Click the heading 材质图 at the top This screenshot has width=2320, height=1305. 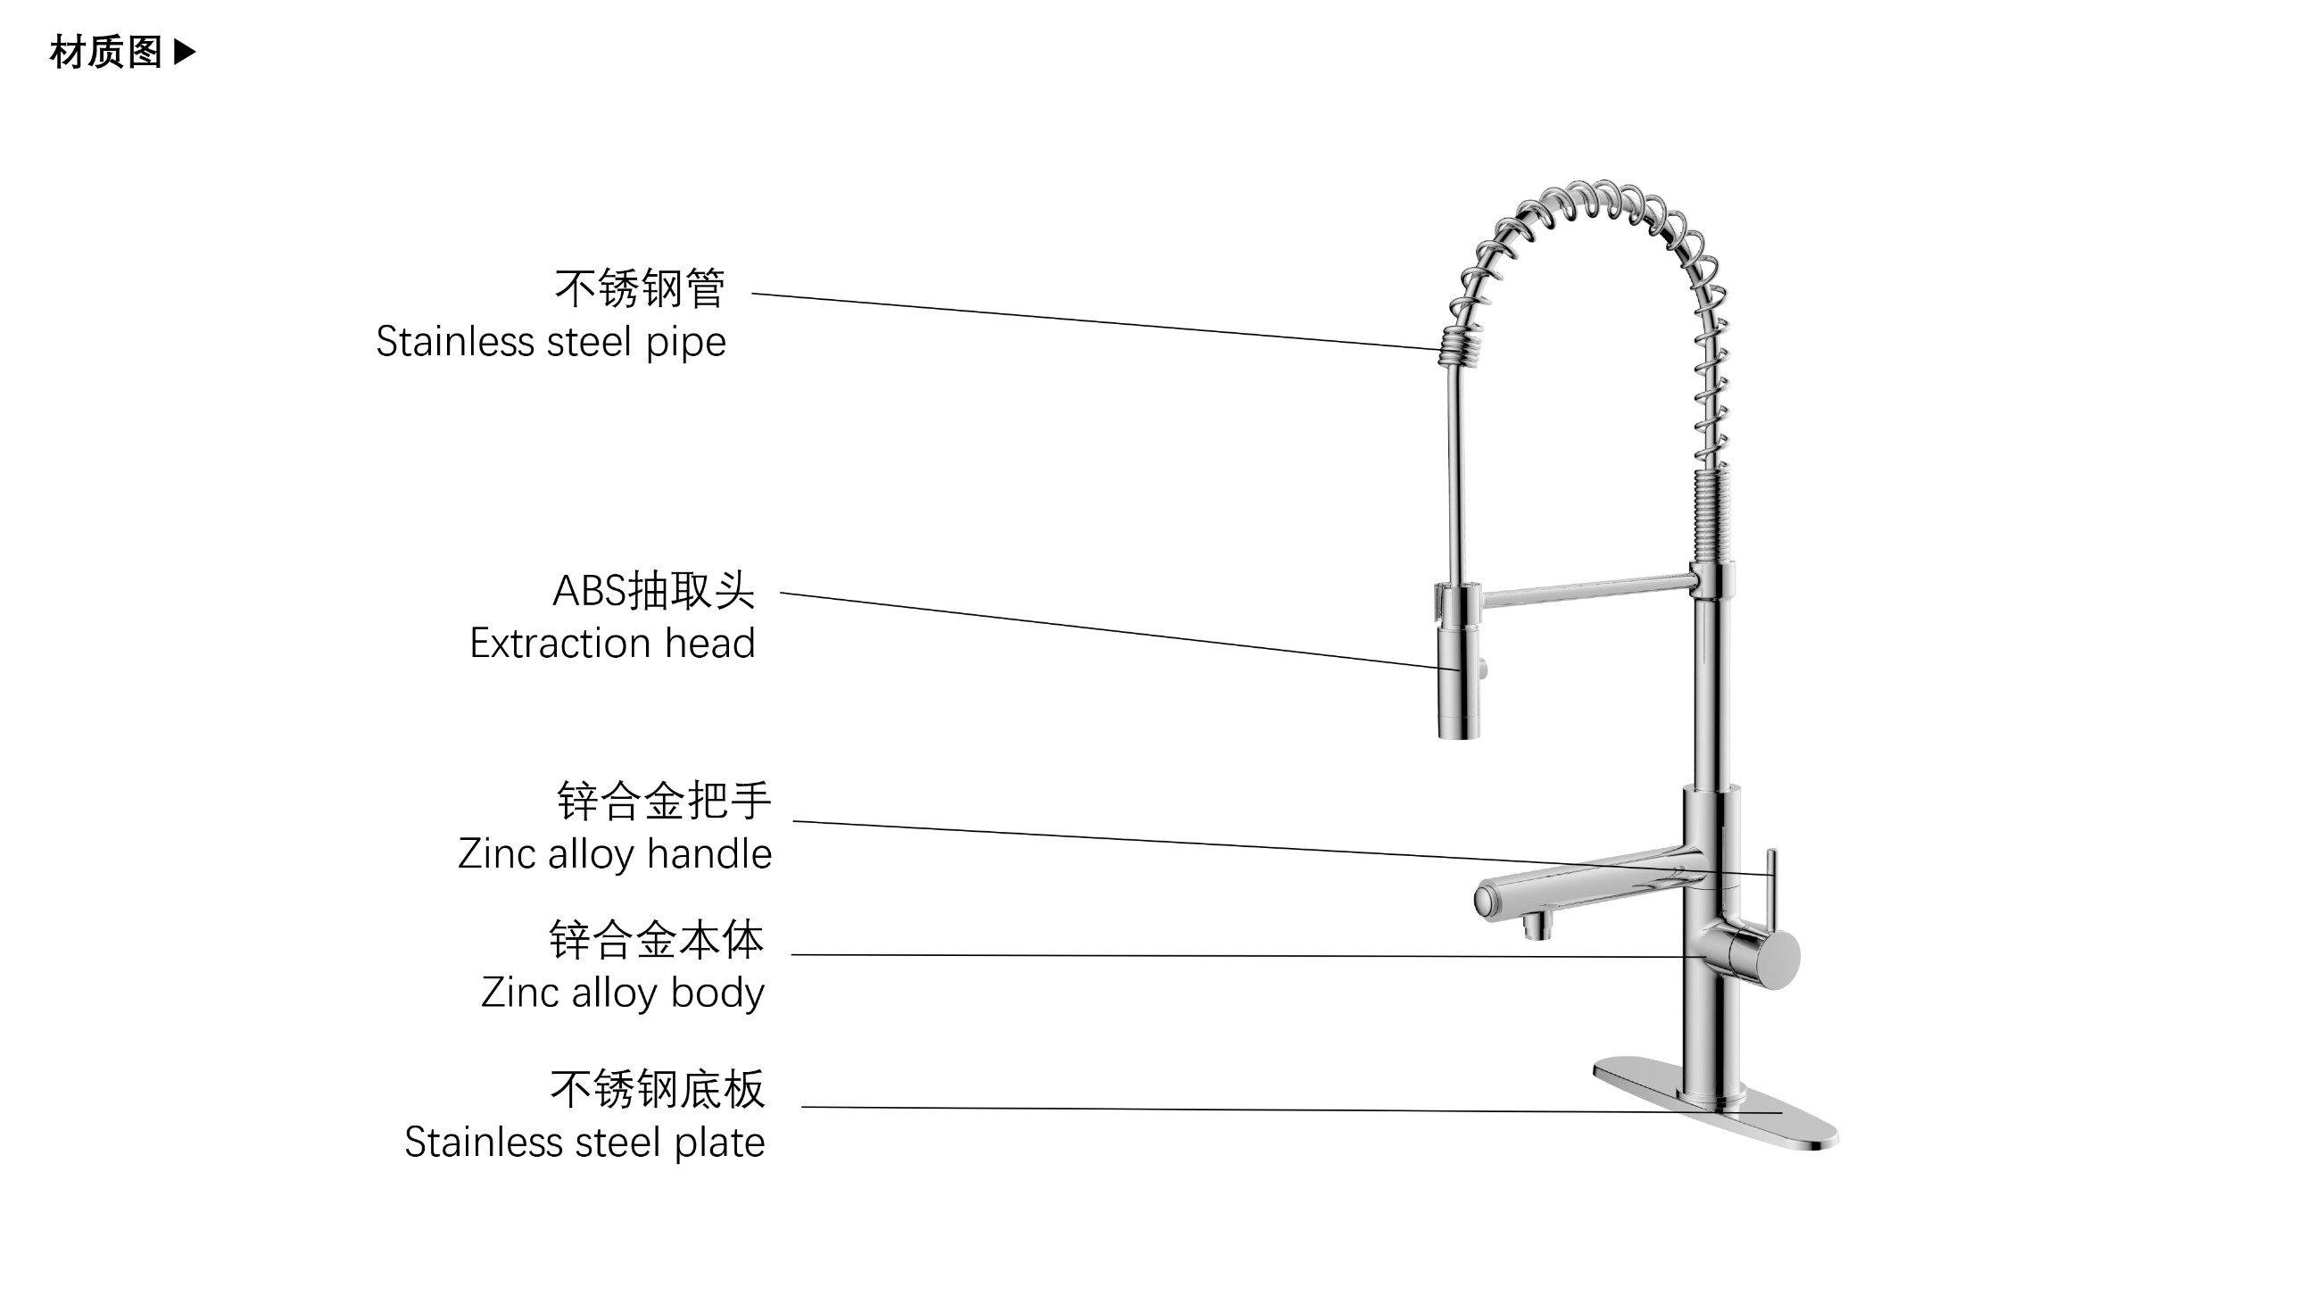click(x=105, y=53)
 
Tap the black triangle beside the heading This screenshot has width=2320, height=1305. click(x=185, y=52)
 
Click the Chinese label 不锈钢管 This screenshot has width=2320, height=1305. click(x=640, y=288)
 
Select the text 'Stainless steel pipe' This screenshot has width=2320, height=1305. click(x=551, y=342)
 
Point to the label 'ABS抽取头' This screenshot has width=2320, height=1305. click(x=653, y=591)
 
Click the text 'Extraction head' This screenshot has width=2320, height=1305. click(x=611, y=643)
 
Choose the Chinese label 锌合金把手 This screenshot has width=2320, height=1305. click(x=664, y=801)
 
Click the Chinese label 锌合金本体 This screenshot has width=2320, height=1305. click(x=657, y=940)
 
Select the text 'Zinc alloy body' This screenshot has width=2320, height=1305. click(x=622, y=993)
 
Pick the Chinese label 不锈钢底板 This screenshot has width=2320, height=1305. click(x=658, y=1089)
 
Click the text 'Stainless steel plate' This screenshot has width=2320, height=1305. click(x=584, y=1142)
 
